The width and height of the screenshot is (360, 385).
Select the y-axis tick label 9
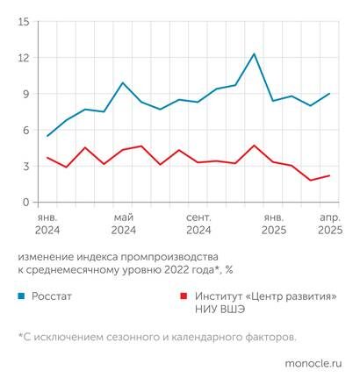26,94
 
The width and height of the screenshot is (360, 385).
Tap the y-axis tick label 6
26,130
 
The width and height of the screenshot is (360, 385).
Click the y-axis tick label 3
26,166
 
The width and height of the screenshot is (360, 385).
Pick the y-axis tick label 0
26,202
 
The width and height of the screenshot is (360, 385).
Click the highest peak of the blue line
255,54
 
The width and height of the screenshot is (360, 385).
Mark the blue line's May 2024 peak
123,83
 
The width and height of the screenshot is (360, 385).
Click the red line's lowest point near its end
311,181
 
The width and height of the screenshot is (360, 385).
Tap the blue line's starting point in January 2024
47,136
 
